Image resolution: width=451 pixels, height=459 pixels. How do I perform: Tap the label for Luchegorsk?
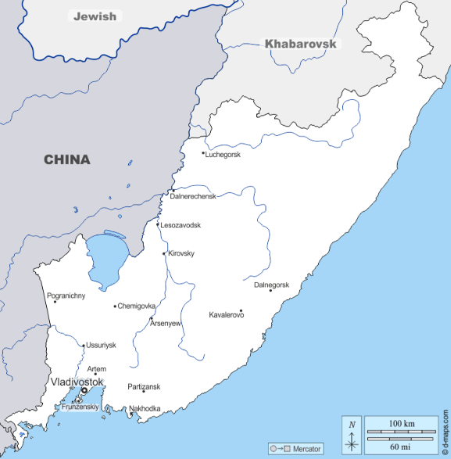[224, 154]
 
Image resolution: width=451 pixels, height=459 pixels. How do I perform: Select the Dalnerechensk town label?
[193, 196]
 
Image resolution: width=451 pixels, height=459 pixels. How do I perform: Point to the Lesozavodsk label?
[181, 225]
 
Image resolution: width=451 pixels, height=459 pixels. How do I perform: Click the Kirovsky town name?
[181, 253]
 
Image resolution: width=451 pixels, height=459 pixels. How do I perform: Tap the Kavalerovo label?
[227, 314]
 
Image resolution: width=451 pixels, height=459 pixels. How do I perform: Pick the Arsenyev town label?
[166, 323]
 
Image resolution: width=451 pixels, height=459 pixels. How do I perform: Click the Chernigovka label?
[137, 306]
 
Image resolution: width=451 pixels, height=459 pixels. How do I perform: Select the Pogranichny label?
[66, 296]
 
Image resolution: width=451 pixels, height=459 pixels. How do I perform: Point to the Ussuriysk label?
[101, 345]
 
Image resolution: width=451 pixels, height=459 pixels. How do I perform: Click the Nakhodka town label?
[145, 408]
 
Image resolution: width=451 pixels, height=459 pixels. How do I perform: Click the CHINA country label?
[66, 160]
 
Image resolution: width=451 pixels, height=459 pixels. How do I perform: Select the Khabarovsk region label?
[300, 44]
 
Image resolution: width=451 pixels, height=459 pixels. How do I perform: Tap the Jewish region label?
[94, 16]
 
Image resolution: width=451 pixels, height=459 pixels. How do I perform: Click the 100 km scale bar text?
[402, 423]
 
